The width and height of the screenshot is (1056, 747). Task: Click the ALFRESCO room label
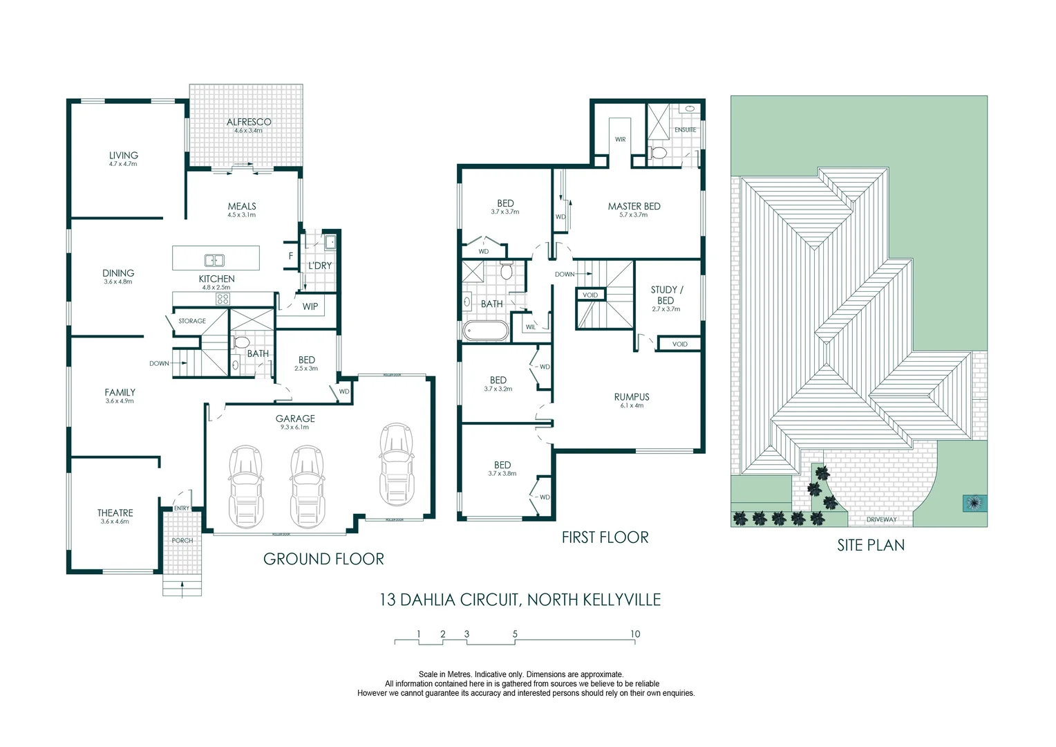pyautogui.click(x=249, y=122)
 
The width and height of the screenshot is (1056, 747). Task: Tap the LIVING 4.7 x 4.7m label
pyautogui.click(x=123, y=158)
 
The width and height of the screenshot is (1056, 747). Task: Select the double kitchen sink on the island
pyautogui.click(x=214, y=260)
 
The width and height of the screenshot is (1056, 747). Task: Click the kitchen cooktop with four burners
pyautogui.click(x=223, y=299)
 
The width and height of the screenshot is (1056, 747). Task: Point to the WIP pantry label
pyautogui.click(x=310, y=306)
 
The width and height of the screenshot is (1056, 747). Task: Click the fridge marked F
pyautogui.click(x=291, y=256)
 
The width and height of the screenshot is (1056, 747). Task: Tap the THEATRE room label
pyautogui.click(x=115, y=513)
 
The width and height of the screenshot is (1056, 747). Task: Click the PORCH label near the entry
pyautogui.click(x=182, y=540)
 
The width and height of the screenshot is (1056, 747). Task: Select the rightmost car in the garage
pyautogui.click(x=395, y=464)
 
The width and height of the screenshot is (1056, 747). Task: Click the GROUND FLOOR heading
pyautogui.click(x=323, y=559)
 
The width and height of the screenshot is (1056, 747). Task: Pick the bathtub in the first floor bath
pyautogui.click(x=485, y=331)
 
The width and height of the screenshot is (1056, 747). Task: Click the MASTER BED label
pyautogui.click(x=634, y=206)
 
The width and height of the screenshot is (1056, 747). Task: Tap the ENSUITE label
pyautogui.click(x=685, y=130)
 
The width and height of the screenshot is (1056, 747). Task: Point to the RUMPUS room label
pyautogui.click(x=632, y=397)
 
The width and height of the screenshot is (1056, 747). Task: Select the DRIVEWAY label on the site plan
pyautogui.click(x=881, y=519)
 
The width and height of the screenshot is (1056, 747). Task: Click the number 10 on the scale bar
pyautogui.click(x=635, y=634)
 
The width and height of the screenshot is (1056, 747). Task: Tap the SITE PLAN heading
pyautogui.click(x=871, y=545)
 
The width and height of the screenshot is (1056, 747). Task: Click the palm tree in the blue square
pyautogui.click(x=974, y=504)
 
